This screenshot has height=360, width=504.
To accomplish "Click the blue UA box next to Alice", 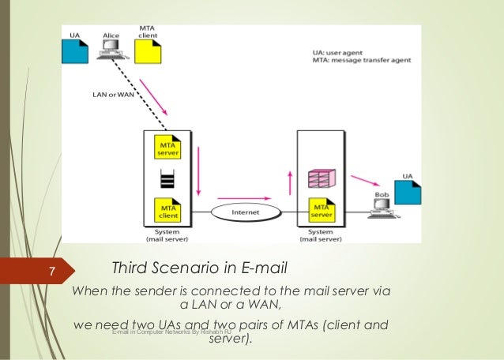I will (76, 51).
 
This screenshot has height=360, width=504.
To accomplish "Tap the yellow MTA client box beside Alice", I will (147, 51).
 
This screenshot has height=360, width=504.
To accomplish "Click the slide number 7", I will (51, 272).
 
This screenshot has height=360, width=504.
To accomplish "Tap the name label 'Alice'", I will (111, 36).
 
